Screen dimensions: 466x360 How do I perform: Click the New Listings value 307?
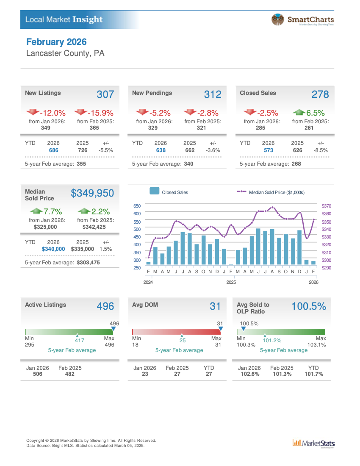click(105, 94)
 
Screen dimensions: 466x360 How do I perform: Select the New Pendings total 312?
click(213, 94)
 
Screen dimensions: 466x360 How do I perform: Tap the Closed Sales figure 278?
click(320, 94)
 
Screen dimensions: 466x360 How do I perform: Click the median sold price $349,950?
click(92, 193)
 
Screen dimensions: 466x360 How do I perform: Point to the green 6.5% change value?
click(315, 113)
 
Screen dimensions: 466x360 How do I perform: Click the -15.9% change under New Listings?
click(100, 113)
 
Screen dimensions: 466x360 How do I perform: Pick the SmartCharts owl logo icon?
click(277, 19)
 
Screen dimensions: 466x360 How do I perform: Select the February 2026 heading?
click(56, 42)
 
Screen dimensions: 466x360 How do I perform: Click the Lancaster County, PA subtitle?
click(65, 53)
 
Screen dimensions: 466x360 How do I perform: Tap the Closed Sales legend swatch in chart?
click(155, 191)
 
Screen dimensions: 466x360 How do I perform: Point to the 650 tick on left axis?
click(137, 206)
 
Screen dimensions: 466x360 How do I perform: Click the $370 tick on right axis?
click(327, 206)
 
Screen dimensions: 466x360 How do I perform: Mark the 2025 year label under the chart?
click(231, 282)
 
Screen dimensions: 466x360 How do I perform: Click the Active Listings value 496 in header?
click(105, 306)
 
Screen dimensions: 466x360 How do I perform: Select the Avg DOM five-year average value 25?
click(182, 340)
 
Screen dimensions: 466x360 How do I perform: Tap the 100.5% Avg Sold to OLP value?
click(309, 306)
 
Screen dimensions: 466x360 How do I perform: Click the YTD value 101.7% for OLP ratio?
click(314, 374)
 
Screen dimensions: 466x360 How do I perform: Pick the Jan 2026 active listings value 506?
click(37, 374)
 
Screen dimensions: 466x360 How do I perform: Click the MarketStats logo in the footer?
click(313, 443)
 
